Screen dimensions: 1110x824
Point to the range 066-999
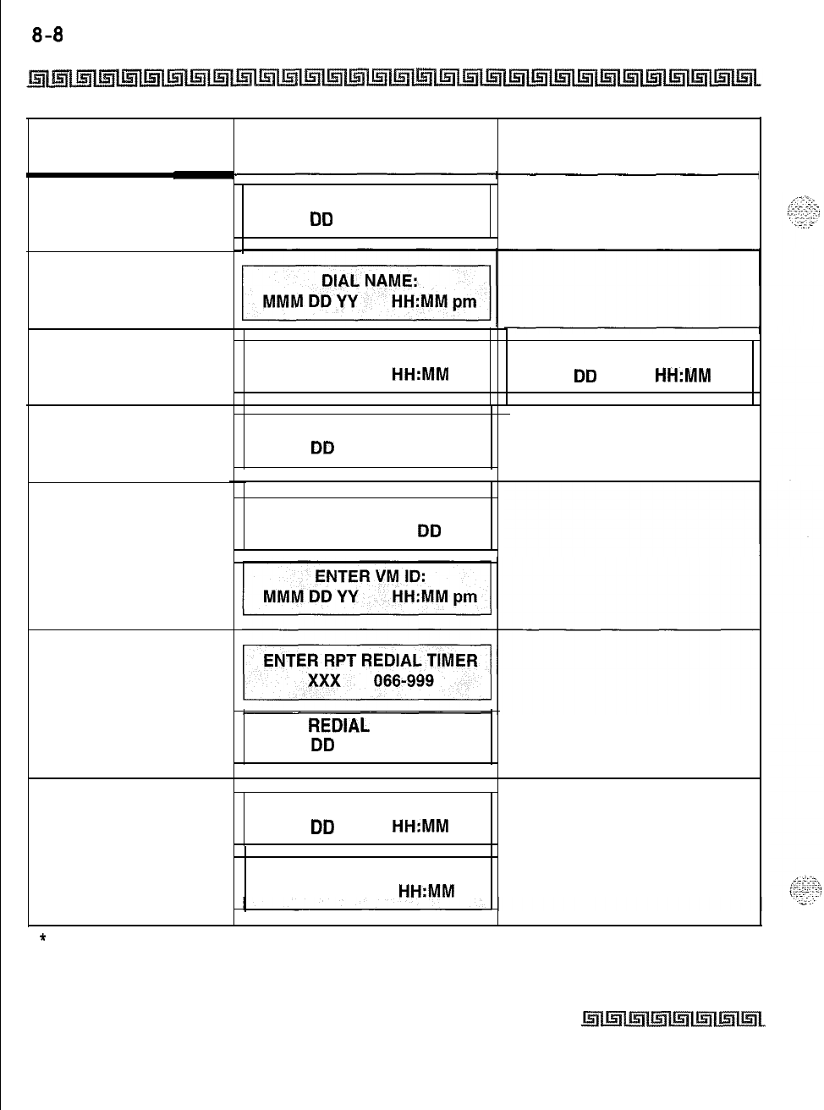[x=404, y=680]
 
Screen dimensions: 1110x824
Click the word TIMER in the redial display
[x=446, y=661]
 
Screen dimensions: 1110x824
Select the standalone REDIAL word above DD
[x=338, y=726]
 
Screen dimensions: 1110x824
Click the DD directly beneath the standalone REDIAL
[x=322, y=745]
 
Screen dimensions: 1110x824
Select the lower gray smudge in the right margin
[x=799, y=888]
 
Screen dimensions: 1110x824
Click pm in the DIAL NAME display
[x=464, y=302]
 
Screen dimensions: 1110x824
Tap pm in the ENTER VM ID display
[x=464, y=597]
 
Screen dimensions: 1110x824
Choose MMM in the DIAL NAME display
[x=280, y=302]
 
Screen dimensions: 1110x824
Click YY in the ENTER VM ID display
[x=347, y=597]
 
